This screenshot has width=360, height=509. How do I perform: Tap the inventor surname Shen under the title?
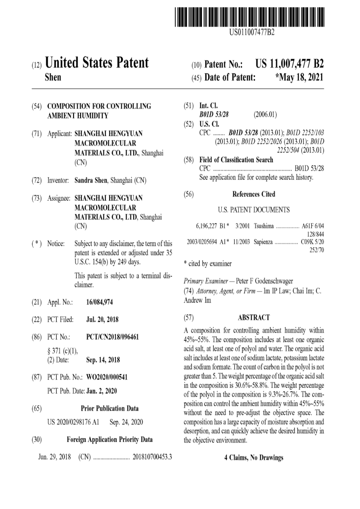click(52, 77)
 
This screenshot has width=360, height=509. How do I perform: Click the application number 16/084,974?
click(106, 303)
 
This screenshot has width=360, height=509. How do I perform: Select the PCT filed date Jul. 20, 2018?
click(102, 319)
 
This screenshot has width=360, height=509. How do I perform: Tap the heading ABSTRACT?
click(254, 318)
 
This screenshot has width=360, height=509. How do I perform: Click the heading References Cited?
click(254, 194)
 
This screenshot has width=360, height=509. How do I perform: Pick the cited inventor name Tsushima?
click(263, 226)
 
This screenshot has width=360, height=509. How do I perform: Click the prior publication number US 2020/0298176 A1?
click(74, 422)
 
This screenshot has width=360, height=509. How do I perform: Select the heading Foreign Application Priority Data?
click(110, 440)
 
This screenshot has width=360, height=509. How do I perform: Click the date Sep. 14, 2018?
click(103, 360)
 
